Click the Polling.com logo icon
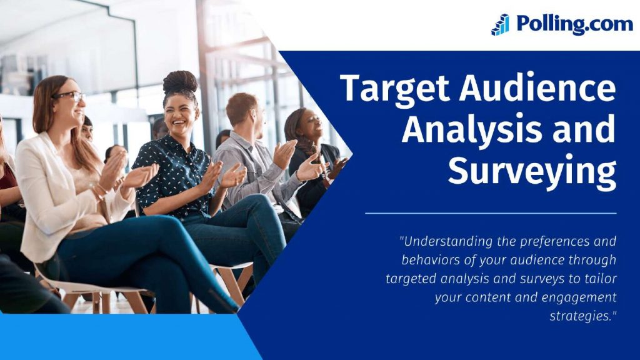tap(500, 25)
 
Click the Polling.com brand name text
tap(574, 24)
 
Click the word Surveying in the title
tap(532, 169)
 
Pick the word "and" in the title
tap(586, 129)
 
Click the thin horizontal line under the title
tap(491, 213)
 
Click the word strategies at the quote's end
tap(581, 316)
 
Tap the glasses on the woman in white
tap(70, 96)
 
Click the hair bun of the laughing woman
tap(180, 81)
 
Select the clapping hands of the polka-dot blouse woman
tap(222, 175)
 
